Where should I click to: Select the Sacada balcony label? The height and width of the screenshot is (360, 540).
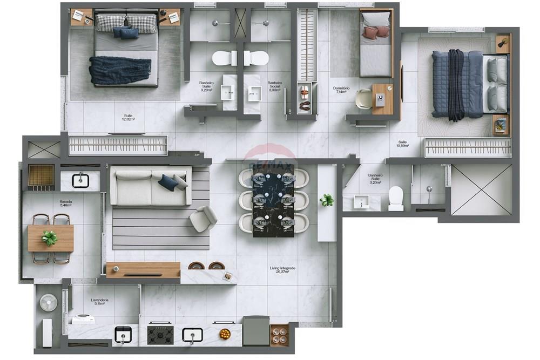point(66,202)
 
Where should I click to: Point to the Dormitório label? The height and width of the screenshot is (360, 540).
point(341,89)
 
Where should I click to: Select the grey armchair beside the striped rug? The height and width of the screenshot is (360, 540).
point(203,219)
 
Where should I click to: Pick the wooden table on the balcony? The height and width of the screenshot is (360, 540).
point(51,238)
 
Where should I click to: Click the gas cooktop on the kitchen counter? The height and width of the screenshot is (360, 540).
point(160,335)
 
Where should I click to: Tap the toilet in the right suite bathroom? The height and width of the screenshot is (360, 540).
point(396,198)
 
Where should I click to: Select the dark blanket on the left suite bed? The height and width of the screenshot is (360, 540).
point(120,70)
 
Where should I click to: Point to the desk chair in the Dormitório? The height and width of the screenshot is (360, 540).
point(364,98)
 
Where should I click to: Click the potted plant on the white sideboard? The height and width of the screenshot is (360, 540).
point(327,200)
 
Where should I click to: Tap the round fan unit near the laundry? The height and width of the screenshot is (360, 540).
point(48,303)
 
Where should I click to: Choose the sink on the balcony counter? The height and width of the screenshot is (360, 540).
point(80,180)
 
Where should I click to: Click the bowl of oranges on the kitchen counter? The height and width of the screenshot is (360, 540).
point(225,334)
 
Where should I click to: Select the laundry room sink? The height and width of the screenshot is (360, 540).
point(123,335)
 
